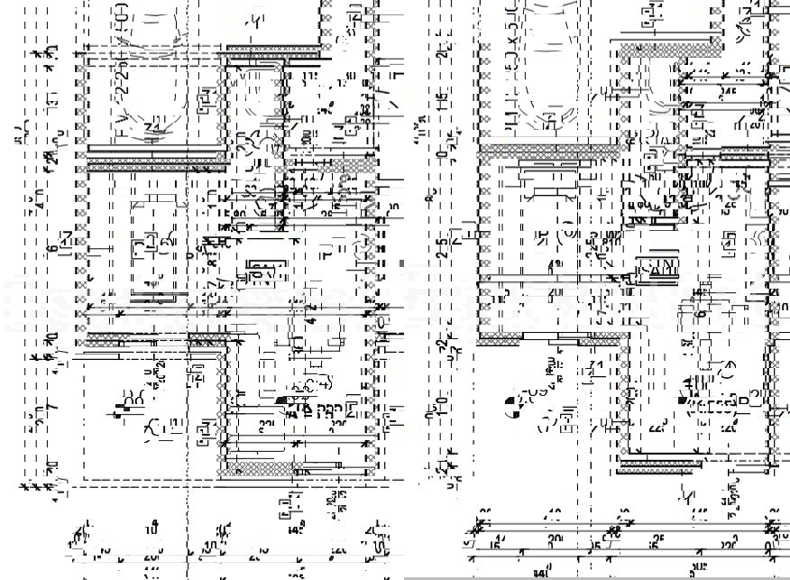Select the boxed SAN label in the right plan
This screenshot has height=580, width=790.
pos(658,268)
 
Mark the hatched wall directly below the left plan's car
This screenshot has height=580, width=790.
pos(154,163)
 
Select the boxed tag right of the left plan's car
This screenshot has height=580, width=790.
pos(207,95)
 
